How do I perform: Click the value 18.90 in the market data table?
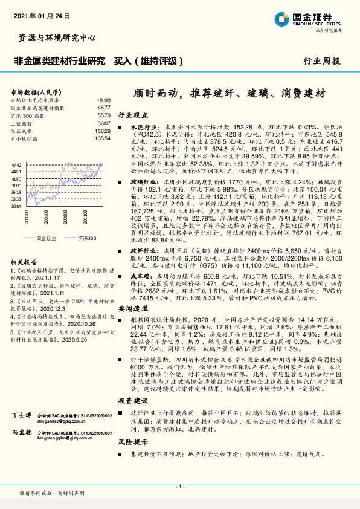click(x=103, y=100)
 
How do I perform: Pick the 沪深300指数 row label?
click(x=27, y=115)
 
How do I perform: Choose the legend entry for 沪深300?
click(x=87, y=238)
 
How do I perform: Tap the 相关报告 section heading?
click(x=24, y=262)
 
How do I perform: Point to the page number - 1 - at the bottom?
click(x=179, y=487)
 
